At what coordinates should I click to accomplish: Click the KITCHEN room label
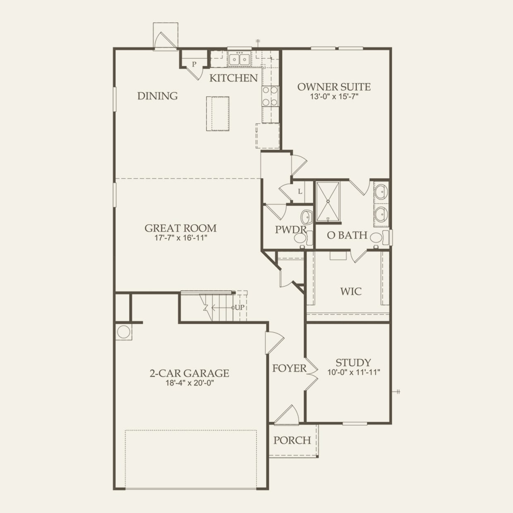pos(233,78)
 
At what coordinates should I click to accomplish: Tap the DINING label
pos(158,96)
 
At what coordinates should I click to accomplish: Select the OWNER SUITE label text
pos(334,87)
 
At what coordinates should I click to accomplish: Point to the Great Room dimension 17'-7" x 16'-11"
pos(180,238)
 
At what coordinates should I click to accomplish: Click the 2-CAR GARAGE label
pos(189,373)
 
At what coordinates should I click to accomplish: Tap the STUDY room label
pos(353,363)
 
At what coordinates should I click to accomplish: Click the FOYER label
pos(289,368)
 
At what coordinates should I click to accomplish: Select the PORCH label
pos(292,440)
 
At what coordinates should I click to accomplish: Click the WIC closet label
pos(351,291)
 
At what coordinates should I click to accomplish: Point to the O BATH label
pos(347,235)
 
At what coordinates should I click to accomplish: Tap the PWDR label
pos(290,229)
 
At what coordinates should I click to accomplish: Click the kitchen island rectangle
pos(218,114)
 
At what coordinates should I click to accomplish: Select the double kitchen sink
pos(239,60)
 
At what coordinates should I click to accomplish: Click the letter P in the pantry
pos(194,65)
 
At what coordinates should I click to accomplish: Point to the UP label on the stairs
pos(240,307)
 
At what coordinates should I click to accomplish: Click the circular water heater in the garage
pos(123,332)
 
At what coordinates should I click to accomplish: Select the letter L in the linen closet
pos(300,192)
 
